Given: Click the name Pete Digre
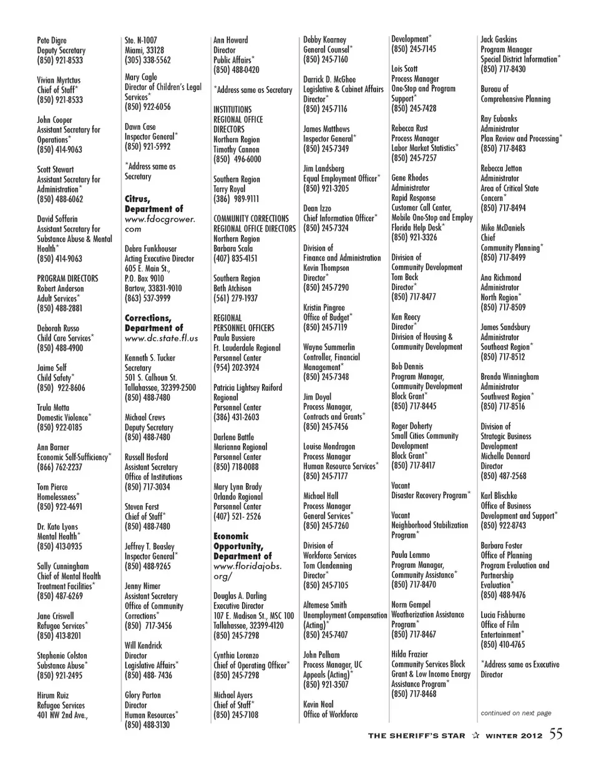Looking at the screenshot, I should tap(52, 41).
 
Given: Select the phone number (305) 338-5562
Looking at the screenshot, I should tap(147, 60).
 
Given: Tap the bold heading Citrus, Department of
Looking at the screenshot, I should tap(153, 204).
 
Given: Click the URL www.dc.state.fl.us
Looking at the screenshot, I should tap(161, 338).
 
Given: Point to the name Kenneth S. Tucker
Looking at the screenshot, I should tap(150, 358).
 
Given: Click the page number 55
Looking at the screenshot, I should tap(556, 734).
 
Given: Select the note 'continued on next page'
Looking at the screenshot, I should tap(515, 713).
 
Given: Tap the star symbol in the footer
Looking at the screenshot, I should tap(475, 735).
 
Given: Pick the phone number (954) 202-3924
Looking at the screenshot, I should tap(236, 368).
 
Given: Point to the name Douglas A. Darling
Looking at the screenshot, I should tap(240, 596).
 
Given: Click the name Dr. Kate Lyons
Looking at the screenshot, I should tap(57, 527).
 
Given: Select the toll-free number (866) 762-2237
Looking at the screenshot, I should tap(60, 467).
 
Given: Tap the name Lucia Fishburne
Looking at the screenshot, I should tap(502, 615).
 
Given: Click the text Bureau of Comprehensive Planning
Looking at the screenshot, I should tap(515, 94).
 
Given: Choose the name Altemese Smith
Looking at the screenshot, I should tap(324, 605).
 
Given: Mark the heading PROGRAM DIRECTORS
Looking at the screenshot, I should tap(67, 278).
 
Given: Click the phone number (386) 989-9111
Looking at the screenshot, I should tap(236, 198).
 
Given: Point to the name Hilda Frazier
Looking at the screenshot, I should tap(409, 654).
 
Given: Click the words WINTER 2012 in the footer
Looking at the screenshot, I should tap(515, 735).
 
